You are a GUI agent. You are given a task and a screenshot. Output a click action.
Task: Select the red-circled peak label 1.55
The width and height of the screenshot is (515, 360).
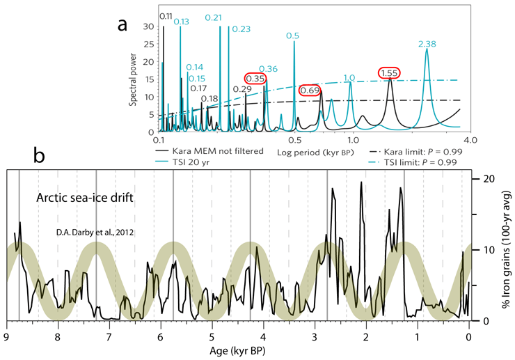pyautogui.click(x=389, y=72)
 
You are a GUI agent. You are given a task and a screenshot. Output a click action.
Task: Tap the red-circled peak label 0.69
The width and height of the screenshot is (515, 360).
pyautogui.click(x=310, y=90)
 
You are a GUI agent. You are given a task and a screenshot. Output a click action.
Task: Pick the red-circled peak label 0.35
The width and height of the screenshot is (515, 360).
pyautogui.click(x=255, y=79)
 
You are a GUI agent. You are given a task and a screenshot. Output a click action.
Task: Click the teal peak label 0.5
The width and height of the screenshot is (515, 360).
pyautogui.click(x=293, y=36)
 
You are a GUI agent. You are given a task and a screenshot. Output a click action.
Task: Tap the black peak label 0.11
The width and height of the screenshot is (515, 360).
pyautogui.click(x=166, y=16)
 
